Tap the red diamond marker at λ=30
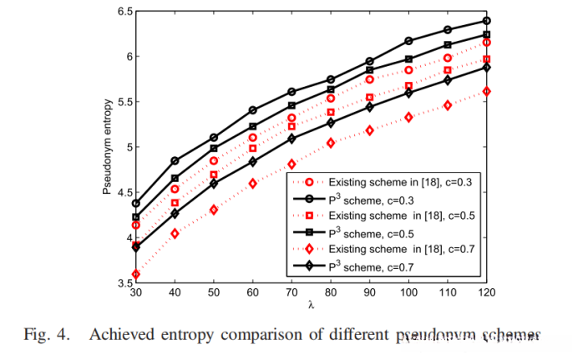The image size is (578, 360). (x=136, y=274)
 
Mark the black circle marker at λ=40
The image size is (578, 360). (x=175, y=160)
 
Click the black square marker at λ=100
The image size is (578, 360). (x=408, y=59)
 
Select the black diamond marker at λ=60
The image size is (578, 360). (x=252, y=161)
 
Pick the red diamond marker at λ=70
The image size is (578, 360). (x=292, y=164)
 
